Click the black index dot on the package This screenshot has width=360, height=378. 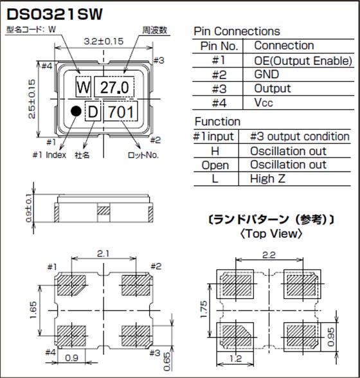(75, 111)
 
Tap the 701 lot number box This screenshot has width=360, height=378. (121, 113)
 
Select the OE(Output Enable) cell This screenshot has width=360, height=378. (303, 60)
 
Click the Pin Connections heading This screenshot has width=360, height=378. (237, 31)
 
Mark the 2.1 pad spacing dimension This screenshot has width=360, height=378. (103, 255)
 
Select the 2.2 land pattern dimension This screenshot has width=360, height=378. (269, 255)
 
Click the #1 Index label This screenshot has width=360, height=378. (49, 155)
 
